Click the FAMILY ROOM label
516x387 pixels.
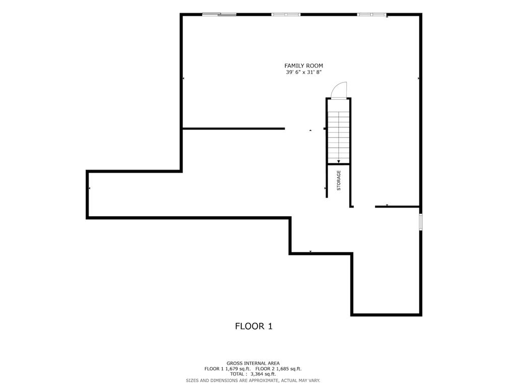pos(303,66)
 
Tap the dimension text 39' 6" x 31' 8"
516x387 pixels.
pos(303,73)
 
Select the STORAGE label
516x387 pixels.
pos(339,180)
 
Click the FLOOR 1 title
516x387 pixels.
pos(253,326)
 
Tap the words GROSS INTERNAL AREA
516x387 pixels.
pos(253,363)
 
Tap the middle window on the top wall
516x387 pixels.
pos(286,14)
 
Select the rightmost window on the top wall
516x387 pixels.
pos(372,14)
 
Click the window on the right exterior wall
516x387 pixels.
pos(421,222)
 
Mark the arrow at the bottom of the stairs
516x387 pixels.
pos(339,161)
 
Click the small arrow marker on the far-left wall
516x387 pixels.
pos(89,188)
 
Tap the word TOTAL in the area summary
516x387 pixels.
pos(238,374)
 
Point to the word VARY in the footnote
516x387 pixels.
pos(313,380)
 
